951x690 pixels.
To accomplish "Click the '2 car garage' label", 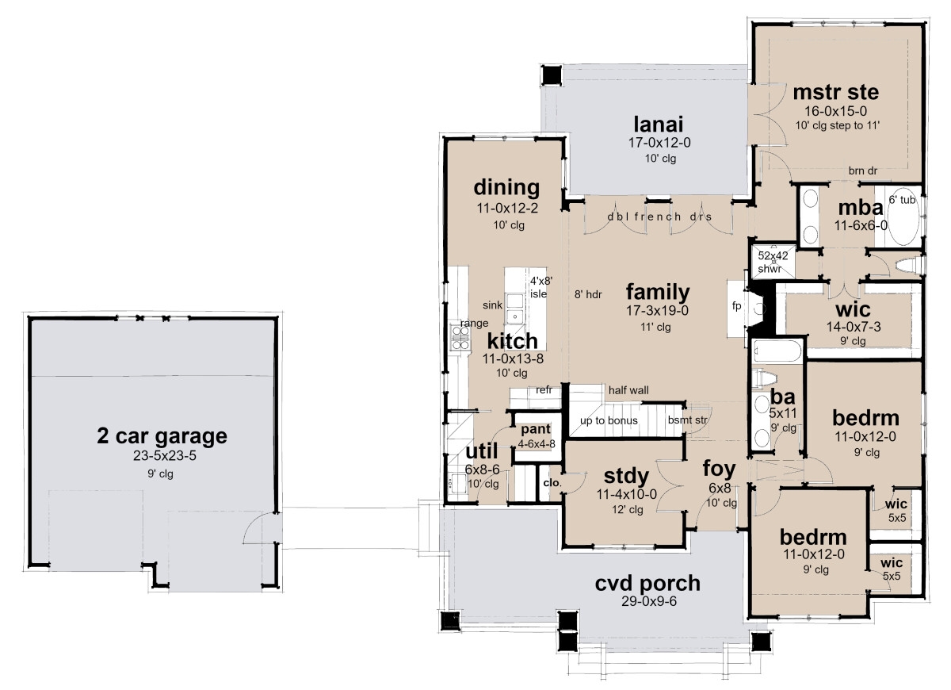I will coord(162,435).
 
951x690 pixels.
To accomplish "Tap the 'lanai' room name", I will coord(658,125).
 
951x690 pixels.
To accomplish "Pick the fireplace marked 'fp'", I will coord(736,307).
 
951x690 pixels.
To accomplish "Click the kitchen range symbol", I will coord(460,337).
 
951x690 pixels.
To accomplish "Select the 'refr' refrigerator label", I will coord(544,389).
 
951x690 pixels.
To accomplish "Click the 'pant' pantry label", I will coord(535,429).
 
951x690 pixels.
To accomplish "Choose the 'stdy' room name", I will coord(626,477).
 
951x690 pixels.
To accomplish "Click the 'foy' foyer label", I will coord(720,468).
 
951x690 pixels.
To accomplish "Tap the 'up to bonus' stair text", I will coord(609,420).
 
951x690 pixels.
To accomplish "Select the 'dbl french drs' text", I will coord(659,217).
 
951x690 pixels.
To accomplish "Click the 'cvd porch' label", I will coord(647,584).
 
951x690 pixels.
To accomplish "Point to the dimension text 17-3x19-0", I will coord(657,311).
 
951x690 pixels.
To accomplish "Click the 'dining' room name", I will coord(507,188).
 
